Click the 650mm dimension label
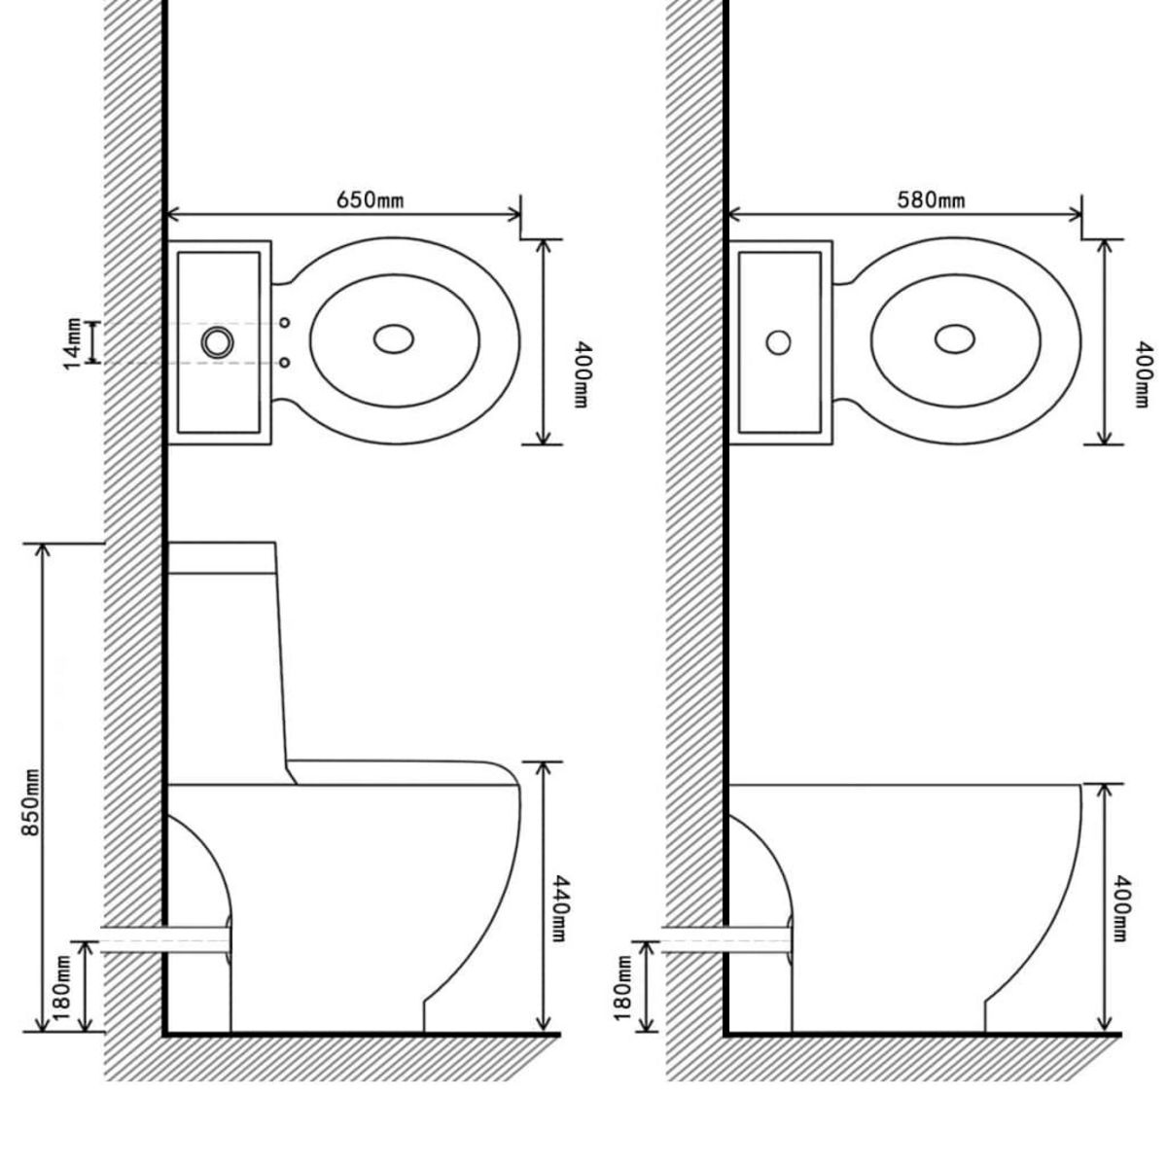click(370, 199)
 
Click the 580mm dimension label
click(931, 199)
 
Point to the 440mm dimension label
click(562, 904)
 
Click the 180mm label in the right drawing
click(623, 986)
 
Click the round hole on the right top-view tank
click(778, 342)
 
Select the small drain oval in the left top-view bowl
click(394, 338)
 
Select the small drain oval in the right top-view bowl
click(955, 338)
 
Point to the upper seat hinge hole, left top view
click(284, 322)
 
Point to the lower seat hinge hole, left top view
click(284, 363)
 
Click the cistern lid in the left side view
click(223, 556)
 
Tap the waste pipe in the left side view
click(165, 939)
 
